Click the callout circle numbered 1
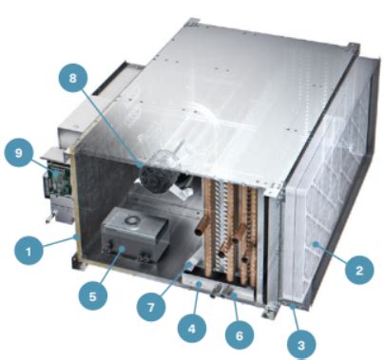(29, 252)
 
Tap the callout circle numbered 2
(357, 272)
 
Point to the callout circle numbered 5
(93, 295)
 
